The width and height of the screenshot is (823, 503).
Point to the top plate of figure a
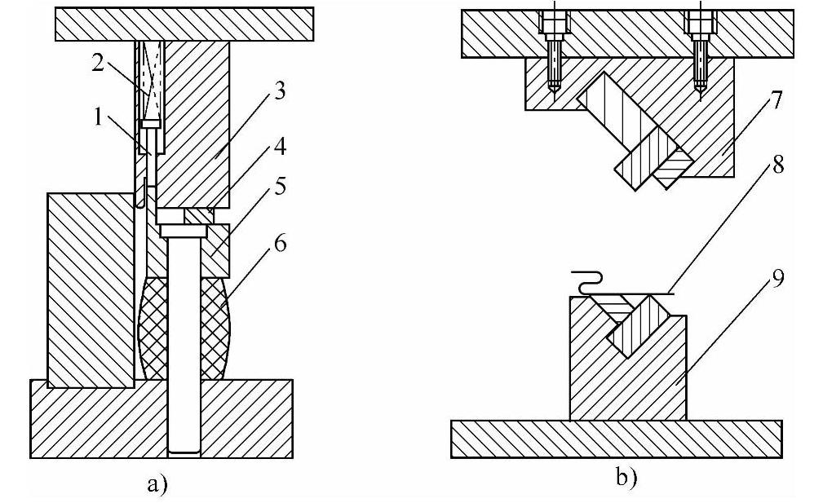pos(184,24)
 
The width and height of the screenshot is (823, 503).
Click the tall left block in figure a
pos(91,289)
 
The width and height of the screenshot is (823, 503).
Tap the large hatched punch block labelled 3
pos(192,122)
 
